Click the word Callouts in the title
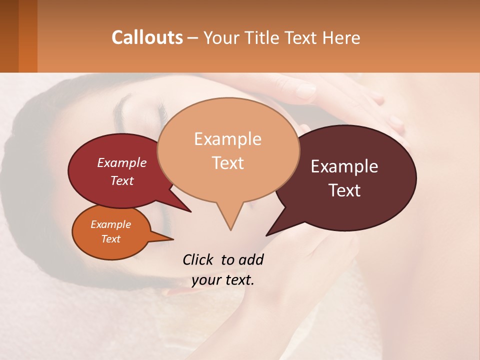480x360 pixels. pyautogui.click(x=147, y=37)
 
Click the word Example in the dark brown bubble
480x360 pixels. pyautogui.click(x=344, y=166)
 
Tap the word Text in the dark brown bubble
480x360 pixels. pyautogui.click(x=345, y=190)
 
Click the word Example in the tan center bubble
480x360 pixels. pyautogui.click(x=227, y=139)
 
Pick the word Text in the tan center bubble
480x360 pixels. pyautogui.click(x=228, y=163)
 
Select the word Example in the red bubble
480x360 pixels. pyautogui.click(x=122, y=162)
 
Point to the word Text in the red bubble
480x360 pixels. pyautogui.click(x=122, y=180)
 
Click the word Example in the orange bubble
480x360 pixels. pyautogui.click(x=111, y=224)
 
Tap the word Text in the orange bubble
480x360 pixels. pyautogui.click(x=111, y=239)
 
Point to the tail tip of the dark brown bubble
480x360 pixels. pyautogui.click(x=267, y=235)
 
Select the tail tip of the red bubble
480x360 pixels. pyautogui.click(x=190, y=211)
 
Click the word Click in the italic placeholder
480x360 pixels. pyautogui.click(x=199, y=260)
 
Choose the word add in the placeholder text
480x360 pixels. pyautogui.click(x=250, y=260)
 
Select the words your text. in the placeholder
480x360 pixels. pyautogui.click(x=223, y=280)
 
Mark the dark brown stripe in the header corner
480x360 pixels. pyautogui.click(x=9, y=36)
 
